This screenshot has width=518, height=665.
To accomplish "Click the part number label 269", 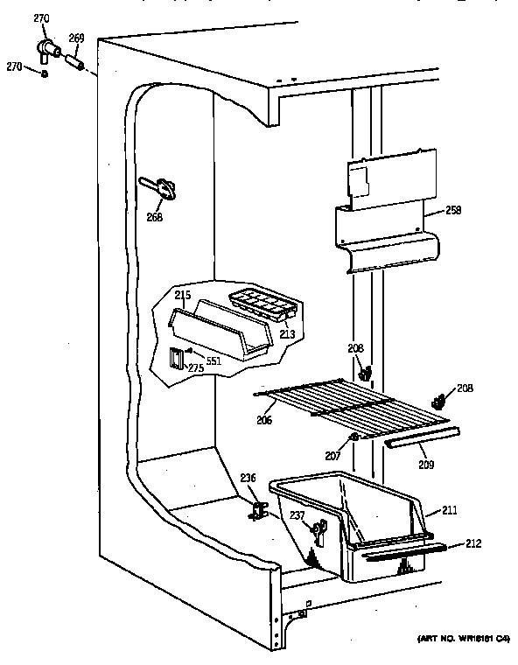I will [76, 37].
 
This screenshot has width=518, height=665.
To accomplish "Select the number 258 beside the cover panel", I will [452, 210].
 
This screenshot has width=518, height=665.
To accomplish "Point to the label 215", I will [181, 295].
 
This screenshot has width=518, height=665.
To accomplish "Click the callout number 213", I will [287, 333].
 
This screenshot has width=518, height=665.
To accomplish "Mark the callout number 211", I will [451, 509].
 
